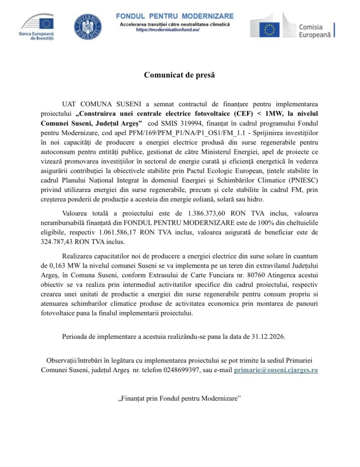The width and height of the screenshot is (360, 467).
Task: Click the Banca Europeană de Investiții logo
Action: [x=38, y=27]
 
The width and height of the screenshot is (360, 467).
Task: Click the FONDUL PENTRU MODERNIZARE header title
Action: [x=175, y=16]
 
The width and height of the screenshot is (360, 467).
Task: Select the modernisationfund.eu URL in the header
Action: [x=168, y=29]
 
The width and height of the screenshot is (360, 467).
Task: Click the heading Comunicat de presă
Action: [x=180, y=75]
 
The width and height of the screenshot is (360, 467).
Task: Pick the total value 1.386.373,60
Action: [x=209, y=213]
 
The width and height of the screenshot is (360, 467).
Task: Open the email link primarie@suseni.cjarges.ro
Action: [x=276, y=370]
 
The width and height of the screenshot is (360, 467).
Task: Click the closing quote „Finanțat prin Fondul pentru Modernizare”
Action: [x=180, y=398]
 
